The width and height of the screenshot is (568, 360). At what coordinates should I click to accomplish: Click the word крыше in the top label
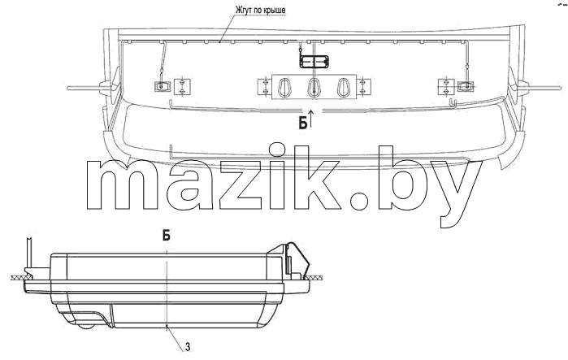point(274,10)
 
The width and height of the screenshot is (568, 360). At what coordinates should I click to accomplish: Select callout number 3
point(188,347)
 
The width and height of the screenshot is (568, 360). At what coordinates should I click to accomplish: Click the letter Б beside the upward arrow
point(303,124)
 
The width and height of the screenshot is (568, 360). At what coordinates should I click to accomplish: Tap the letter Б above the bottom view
point(167,236)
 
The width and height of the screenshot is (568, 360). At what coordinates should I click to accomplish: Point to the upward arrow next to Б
point(311,118)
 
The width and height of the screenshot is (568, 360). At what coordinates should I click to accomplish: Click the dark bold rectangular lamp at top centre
point(314,62)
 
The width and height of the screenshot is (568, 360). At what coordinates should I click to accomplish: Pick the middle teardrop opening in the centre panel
point(314,87)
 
